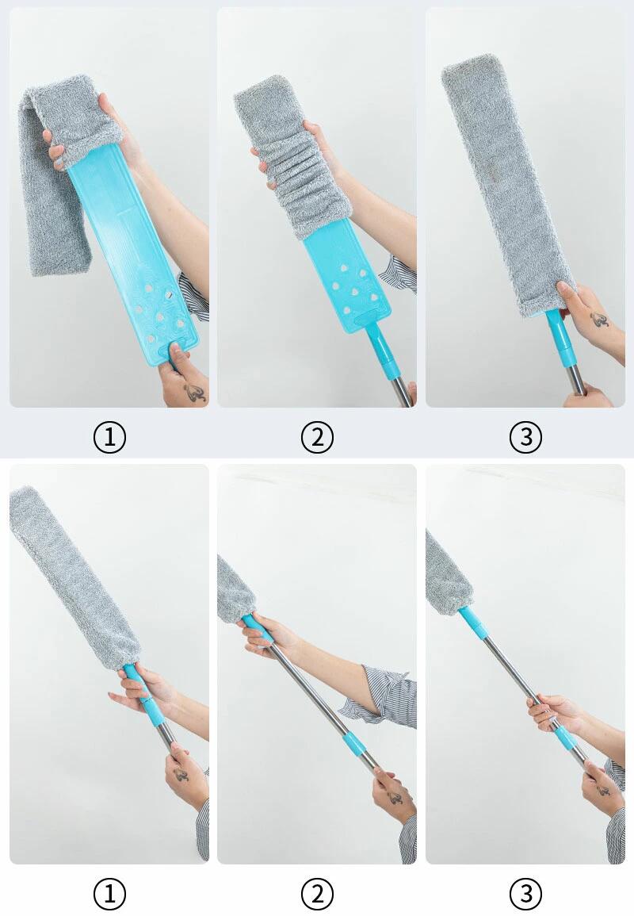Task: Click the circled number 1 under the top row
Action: pyautogui.click(x=109, y=436)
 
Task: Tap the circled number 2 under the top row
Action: pyautogui.click(x=317, y=436)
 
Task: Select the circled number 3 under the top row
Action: pyautogui.click(x=525, y=436)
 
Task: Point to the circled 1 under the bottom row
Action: pyautogui.click(x=109, y=893)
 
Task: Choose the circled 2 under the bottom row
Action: pyautogui.click(x=317, y=893)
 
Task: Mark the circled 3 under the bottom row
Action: pyautogui.click(x=525, y=893)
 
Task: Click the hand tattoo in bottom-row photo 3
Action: pyautogui.click(x=601, y=788)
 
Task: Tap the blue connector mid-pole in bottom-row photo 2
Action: pyautogui.click(x=355, y=745)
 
